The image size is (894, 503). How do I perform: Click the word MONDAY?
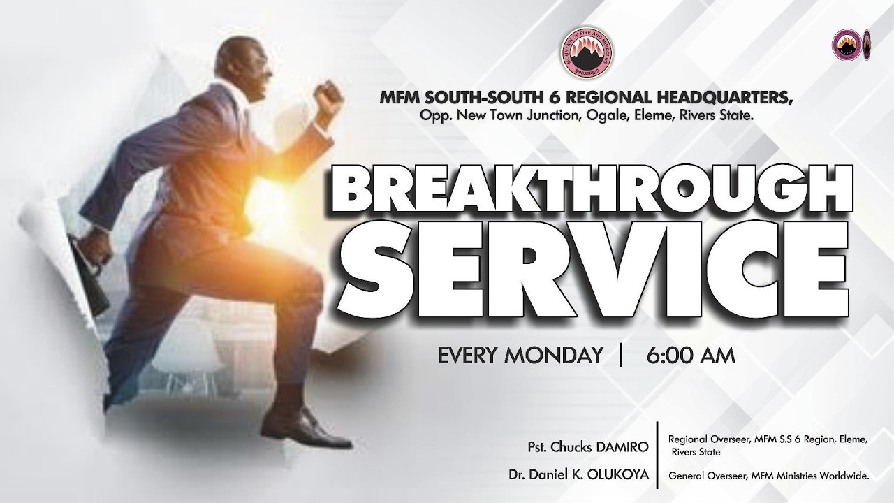point(555,356)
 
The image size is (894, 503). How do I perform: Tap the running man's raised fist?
point(328,96)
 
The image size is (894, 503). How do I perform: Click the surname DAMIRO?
point(623,446)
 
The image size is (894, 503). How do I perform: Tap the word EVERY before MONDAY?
point(467,356)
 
